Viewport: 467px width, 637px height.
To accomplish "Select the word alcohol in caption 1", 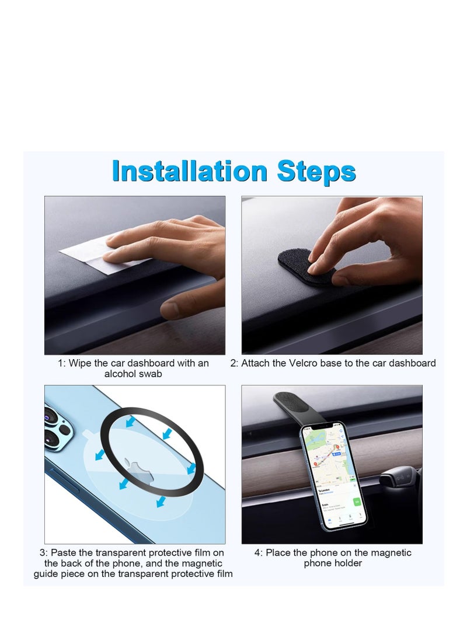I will pyautogui.click(x=121, y=374).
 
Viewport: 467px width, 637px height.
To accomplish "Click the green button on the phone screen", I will pyautogui.click(x=356, y=502).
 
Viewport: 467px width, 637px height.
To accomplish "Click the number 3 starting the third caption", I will pyautogui.click(x=43, y=552).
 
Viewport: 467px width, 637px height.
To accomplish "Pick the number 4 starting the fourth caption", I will pyautogui.click(x=257, y=552).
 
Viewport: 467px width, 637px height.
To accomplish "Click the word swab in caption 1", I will pyautogui.click(x=150, y=374).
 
